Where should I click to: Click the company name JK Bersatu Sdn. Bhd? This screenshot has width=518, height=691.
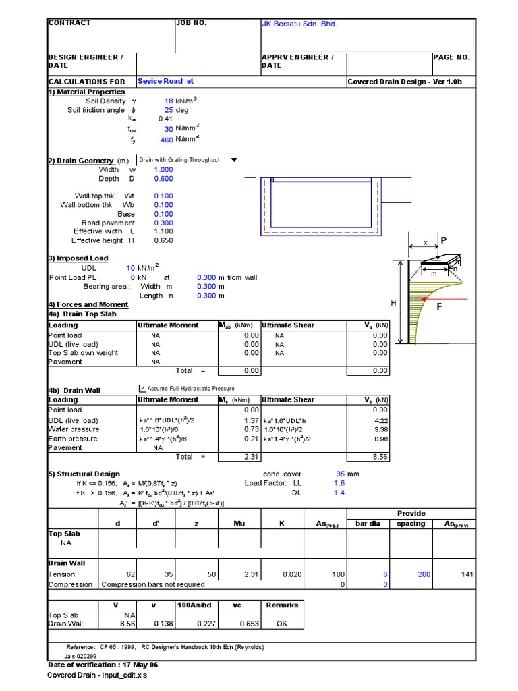pyautogui.click(x=299, y=24)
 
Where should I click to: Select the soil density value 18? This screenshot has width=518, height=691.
pyautogui.click(x=169, y=101)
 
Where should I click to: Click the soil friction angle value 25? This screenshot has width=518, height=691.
pyautogui.click(x=169, y=110)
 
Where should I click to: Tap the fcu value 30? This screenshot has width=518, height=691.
pyautogui.click(x=169, y=128)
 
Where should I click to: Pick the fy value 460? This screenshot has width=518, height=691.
pyautogui.click(x=167, y=140)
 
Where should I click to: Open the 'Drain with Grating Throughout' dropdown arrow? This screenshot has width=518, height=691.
pyautogui.click(x=234, y=160)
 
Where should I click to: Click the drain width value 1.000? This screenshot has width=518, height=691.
pyautogui.click(x=163, y=170)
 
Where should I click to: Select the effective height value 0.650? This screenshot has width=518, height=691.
pyautogui.click(x=163, y=240)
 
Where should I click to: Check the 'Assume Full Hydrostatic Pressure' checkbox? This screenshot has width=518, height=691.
pyautogui.click(x=142, y=389)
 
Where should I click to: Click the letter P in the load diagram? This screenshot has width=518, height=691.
pyautogui.click(x=443, y=240)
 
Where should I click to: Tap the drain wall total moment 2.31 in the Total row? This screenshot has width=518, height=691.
pyautogui.click(x=251, y=457)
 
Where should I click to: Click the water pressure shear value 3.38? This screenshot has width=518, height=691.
pyautogui.click(x=381, y=429)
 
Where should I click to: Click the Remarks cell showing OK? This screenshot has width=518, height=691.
pyautogui.click(x=282, y=624)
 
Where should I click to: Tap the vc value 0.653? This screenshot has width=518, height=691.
pyautogui.click(x=237, y=624)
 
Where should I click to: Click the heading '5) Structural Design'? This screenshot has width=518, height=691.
pyautogui.click(x=84, y=474)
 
